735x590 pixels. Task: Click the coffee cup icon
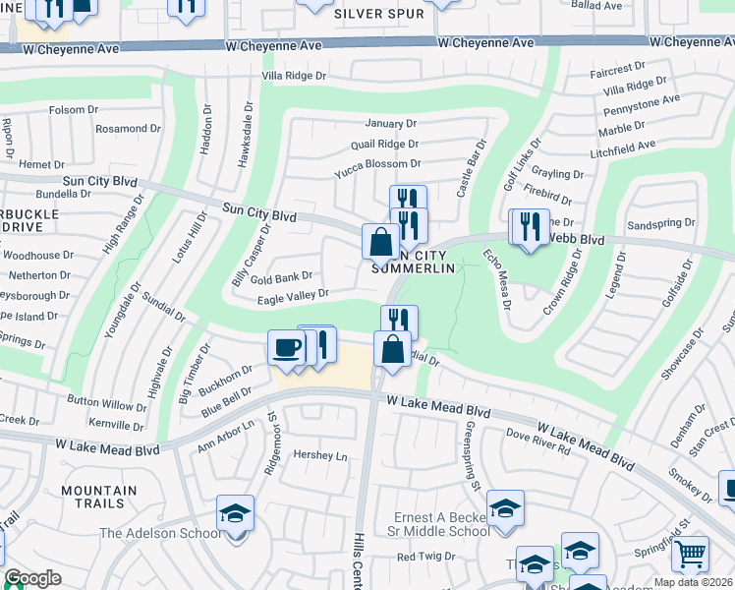[x=286, y=348]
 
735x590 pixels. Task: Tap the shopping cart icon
[x=690, y=555]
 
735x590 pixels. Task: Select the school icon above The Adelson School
[x=235, y=512]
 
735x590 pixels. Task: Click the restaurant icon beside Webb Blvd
[x=531, y=227]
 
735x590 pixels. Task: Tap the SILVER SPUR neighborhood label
[x=378, y=14]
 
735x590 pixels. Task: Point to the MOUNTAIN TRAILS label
[x=99, y=499]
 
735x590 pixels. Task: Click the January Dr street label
[x=390, y=124]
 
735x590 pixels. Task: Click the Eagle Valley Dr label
[x=292, y=294]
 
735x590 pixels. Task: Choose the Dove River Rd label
[x=537, y=442]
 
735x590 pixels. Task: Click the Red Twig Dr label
[x=424, y=557]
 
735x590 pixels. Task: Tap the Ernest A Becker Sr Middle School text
[x=439, y=524]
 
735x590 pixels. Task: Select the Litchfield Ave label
[x=621, y=146]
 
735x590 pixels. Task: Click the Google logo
[x=33, y=578]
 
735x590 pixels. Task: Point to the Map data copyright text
[x=693, y=582]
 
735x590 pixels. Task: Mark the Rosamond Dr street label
[x=128, y=129]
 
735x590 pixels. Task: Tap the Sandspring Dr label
[x=660, y=224]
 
